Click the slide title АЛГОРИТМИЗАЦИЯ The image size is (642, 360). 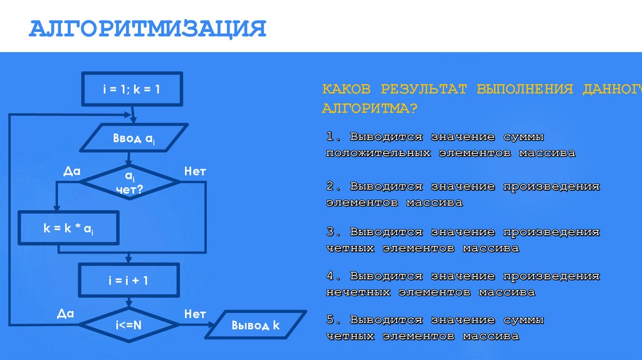pyautogui.click(x=149, y=29)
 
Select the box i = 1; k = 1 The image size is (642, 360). pyautogui.click(x=131, y=89)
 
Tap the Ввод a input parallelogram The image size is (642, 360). pyautogui.click(x=133, y=139)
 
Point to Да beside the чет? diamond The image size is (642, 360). pyautogui.click(x=72, y=171)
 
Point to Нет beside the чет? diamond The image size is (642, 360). pyautogui.click(x=194, y=171)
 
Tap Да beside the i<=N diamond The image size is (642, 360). pyautogui.click(x=65, y=314)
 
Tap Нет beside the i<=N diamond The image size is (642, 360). pyautogui.click(x=195, y=314)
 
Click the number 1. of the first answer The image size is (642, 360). pyautogui.click(x=333, y=137)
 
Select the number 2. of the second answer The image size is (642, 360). pyautogui.click(x=333, y=187)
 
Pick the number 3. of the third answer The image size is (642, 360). pyautogui.click(x=333, y=232)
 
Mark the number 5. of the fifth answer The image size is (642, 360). pyautogui.click(x=333, y=320)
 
